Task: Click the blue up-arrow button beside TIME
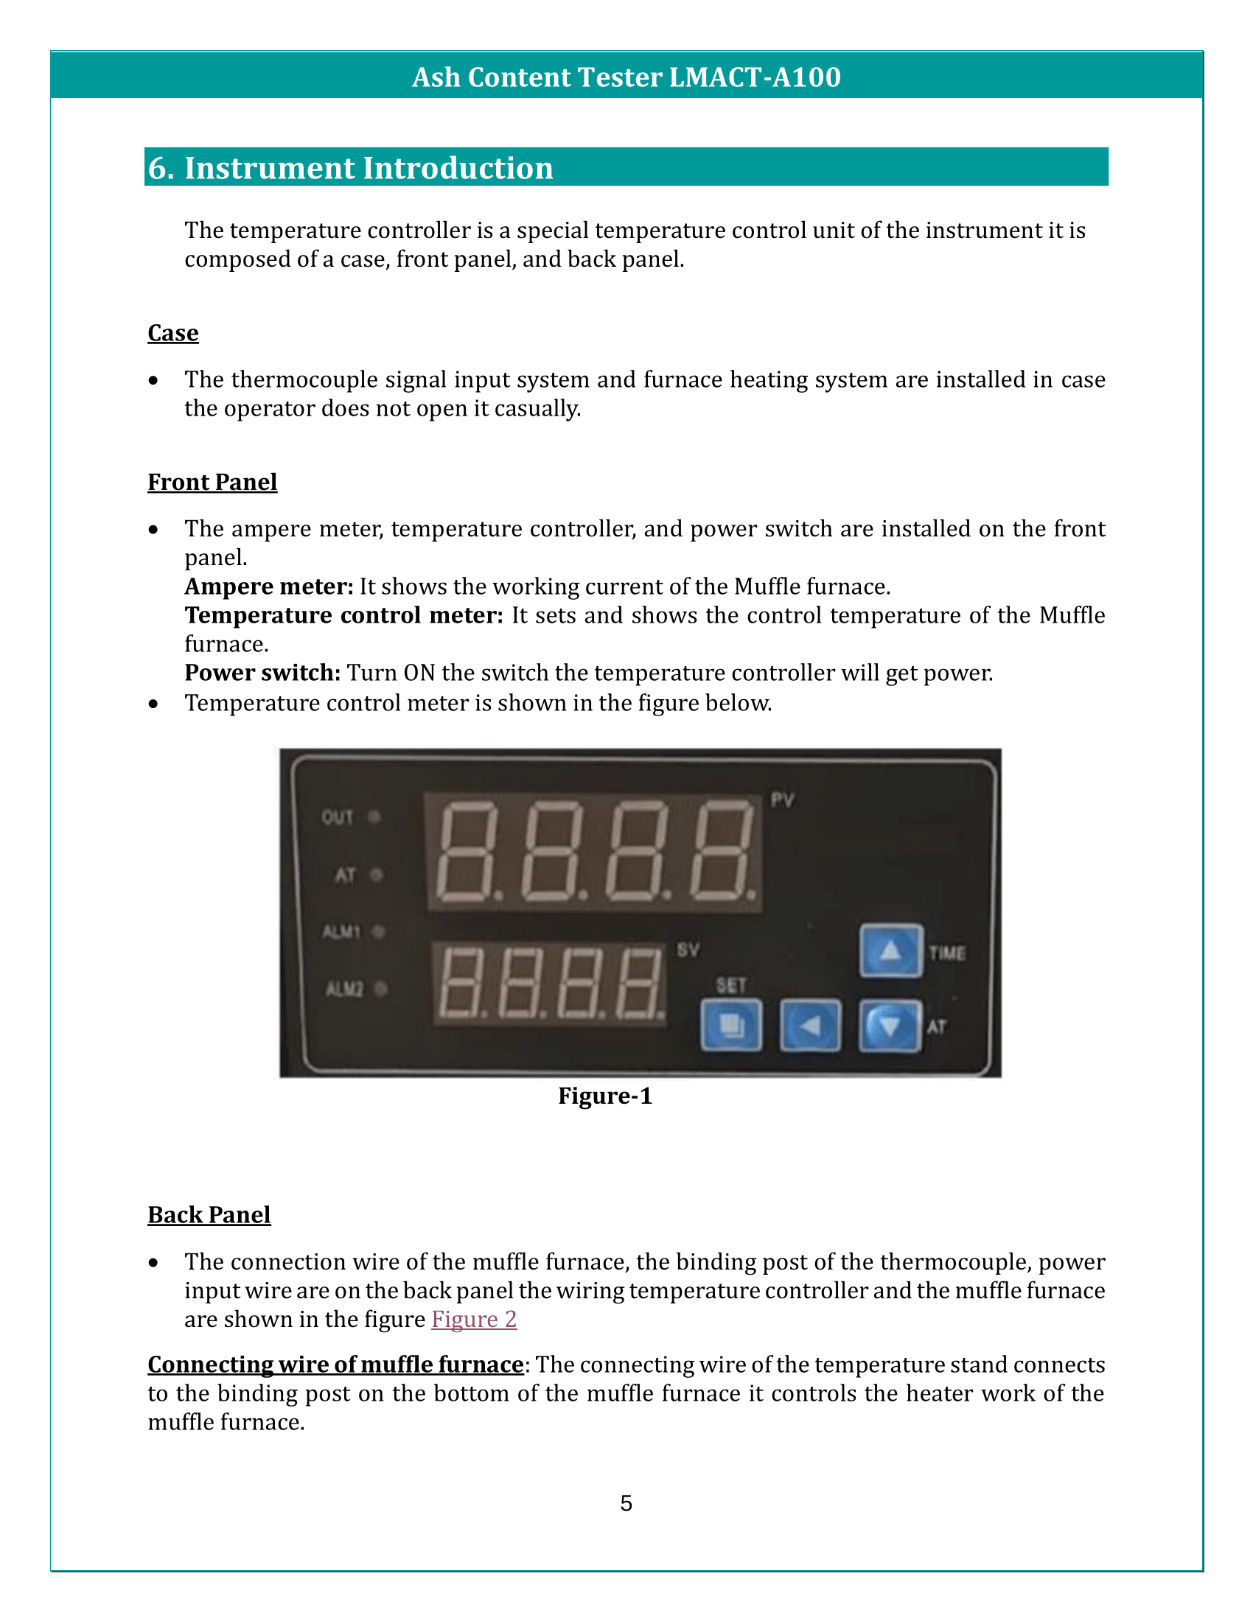(891, 950)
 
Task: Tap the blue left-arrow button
(811, 1026)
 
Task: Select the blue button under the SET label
(731, 1026)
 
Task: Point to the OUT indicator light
(374, 817)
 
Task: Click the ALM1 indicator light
(379, 931)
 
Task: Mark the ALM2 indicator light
(381, 989)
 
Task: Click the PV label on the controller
(782, 800)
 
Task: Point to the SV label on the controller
(688, 950)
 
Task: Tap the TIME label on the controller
(947, 953)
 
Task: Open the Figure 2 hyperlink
(474, 1319)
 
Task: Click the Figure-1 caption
(605, 1096)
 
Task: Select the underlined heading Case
(173, 332)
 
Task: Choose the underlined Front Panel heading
(212, 482)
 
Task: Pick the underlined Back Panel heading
(209, 1214)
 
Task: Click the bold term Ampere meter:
(269, 587)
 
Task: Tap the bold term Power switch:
(263, 673)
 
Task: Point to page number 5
(626, 1503)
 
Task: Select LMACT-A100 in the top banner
(755, 77)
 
